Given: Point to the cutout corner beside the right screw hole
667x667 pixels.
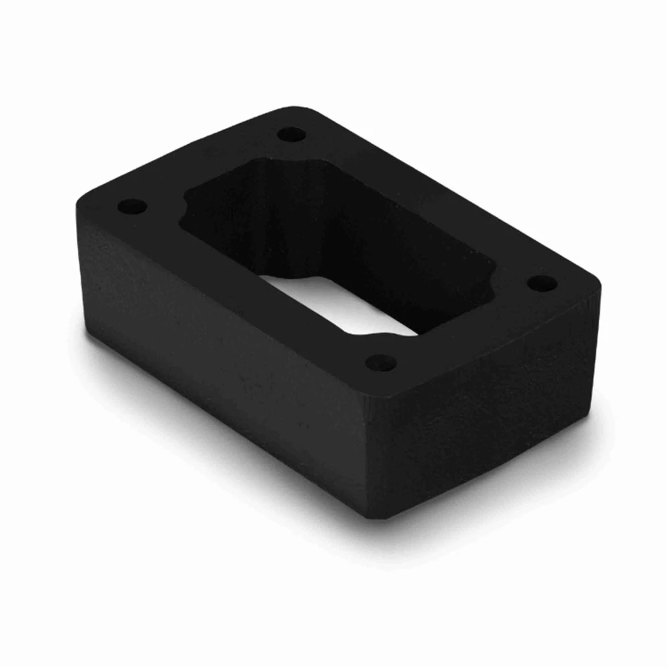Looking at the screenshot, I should (490, 280).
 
